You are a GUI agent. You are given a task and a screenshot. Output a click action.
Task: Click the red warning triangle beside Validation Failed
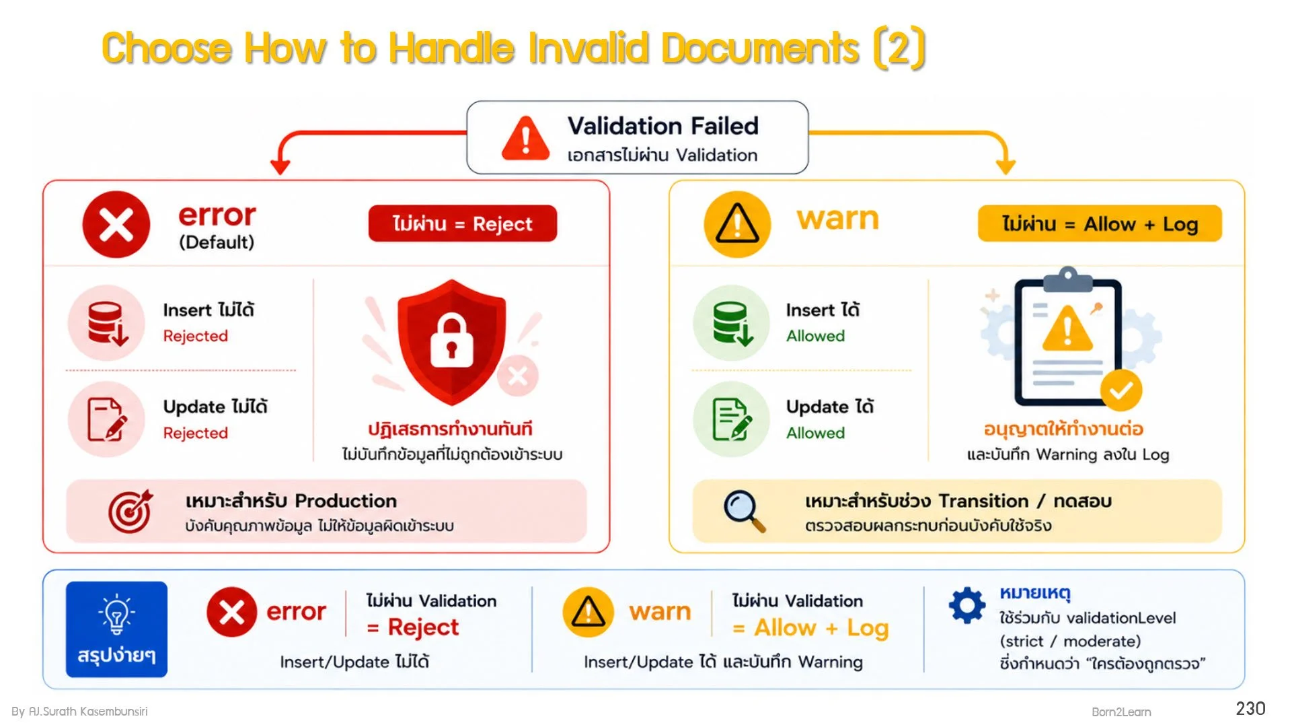pyautogui.click(x=525, y=139)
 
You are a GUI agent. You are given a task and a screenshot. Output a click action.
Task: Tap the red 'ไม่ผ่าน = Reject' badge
pyautogui.click(x=462, y=223)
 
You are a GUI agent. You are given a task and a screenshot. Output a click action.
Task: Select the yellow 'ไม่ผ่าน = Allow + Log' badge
pyautogui.click(x=1100, y=223)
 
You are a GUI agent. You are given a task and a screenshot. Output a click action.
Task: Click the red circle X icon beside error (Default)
pyautogui.click(x=116, y=224)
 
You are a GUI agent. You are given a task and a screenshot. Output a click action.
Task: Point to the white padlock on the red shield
pyautogui.click(x=451, y=341)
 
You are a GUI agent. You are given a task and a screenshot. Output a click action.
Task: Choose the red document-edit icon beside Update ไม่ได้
pyautogui.click(x=107, y=419)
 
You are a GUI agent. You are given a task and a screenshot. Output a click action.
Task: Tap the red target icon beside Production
pyautogui.click(x=130, y=512)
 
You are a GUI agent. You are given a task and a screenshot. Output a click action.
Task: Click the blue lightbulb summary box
pyautogui.click(x=116, y=629)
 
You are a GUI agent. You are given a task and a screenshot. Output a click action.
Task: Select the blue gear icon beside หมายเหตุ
pyautogui.click(x=967, y=605)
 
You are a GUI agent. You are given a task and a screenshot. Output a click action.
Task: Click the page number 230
pyautogui.click(x=1250, y=709)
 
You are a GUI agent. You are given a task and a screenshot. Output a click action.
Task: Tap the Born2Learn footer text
pyautogui.click(x=1121, y=712)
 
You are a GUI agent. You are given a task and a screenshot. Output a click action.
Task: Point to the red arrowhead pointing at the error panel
pyautogui.click(x=280, y=166)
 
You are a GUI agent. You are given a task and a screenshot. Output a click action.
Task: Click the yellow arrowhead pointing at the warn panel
pyautogui.click(x=1006, y=166)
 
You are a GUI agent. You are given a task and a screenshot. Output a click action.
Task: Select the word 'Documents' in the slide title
pyautogui.click(x=761, y=48)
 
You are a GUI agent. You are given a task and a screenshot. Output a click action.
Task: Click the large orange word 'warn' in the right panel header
pyautogui.click(x=838, y=219)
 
